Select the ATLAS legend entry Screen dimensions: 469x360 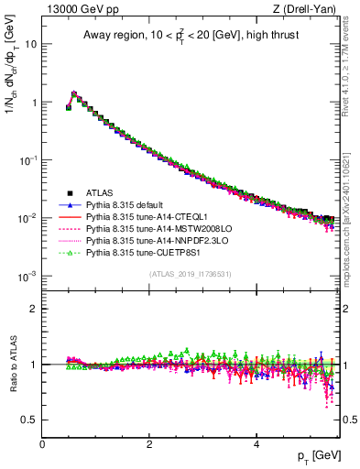click(x=100, y=193)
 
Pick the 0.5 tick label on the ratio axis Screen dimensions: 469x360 click(x=29, y=420)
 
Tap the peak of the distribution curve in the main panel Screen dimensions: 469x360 click(x=74, y=93)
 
